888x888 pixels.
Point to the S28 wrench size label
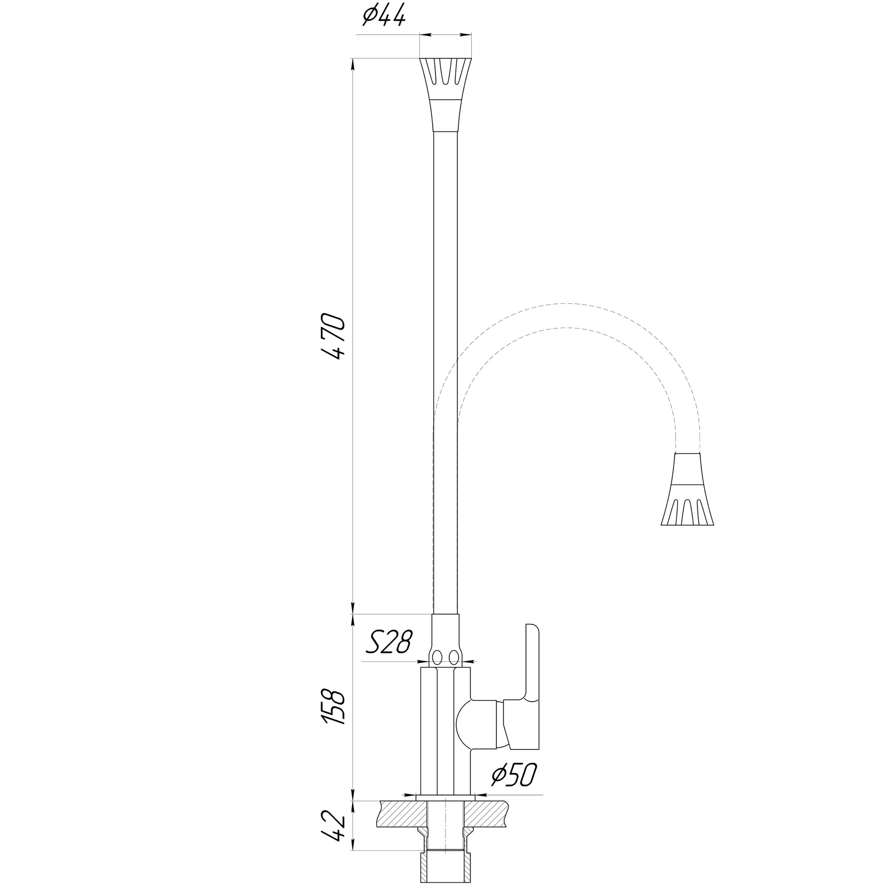(389, 642)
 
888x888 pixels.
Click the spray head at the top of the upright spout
(446, 95)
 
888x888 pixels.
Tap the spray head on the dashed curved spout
(687, 489)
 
